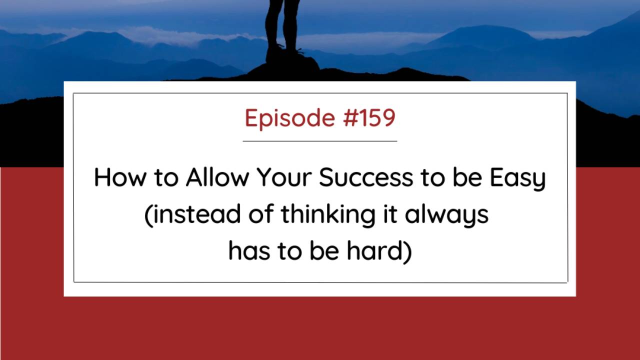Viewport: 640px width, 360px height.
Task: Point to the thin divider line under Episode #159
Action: click(x=320, y=141)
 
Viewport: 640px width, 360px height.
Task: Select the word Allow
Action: click(x=216, y=177)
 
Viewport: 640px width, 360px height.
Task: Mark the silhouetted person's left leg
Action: click(x=291, y=25)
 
